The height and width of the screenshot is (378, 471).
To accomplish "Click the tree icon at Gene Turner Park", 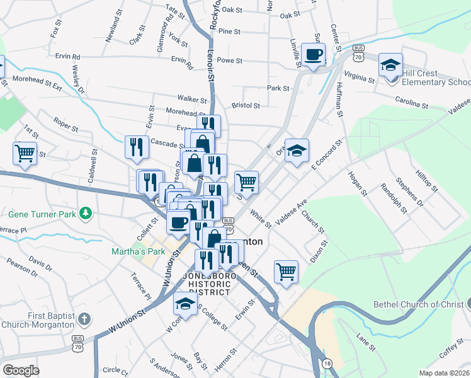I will point(86,215).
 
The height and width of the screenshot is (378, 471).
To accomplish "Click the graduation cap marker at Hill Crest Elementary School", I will point(390,66).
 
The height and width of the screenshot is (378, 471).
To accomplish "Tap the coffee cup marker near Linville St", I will point(313,55).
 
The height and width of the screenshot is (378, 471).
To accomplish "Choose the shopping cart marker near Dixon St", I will point(286,272).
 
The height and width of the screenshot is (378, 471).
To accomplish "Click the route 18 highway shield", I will point(326,364).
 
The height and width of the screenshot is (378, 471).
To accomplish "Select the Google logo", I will point(21,370).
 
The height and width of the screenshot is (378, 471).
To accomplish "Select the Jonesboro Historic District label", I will point(206,283).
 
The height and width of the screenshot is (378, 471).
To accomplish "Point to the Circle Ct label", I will point(115,370).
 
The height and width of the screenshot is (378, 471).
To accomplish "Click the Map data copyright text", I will point(444,372).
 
